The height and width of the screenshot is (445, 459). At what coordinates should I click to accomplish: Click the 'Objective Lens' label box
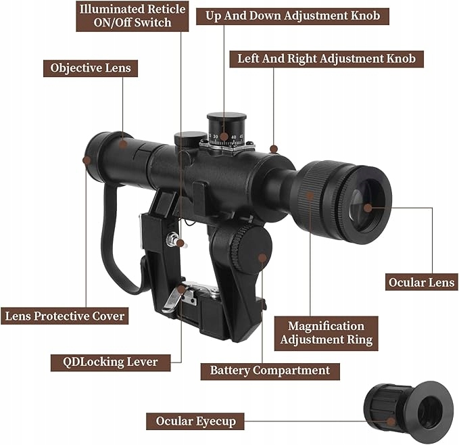click(91, 68)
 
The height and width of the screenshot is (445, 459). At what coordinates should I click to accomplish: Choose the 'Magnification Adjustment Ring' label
click(326, 333)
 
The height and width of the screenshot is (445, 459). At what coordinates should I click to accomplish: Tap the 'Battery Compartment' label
click(270, 370)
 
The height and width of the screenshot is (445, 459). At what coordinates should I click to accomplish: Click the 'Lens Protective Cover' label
click(65, 316)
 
